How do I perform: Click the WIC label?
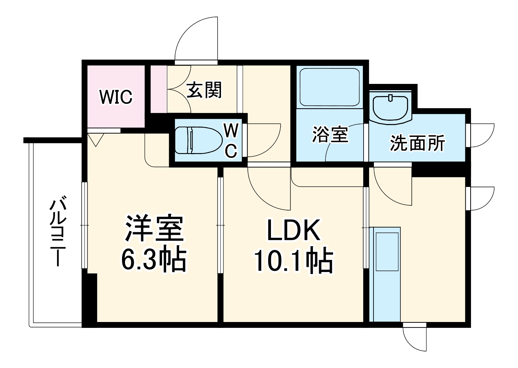(116, 97)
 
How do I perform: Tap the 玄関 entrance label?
(204, 90)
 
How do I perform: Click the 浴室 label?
(330, 134)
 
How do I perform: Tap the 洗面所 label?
(417, 143)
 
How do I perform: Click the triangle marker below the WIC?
(96, 140)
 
